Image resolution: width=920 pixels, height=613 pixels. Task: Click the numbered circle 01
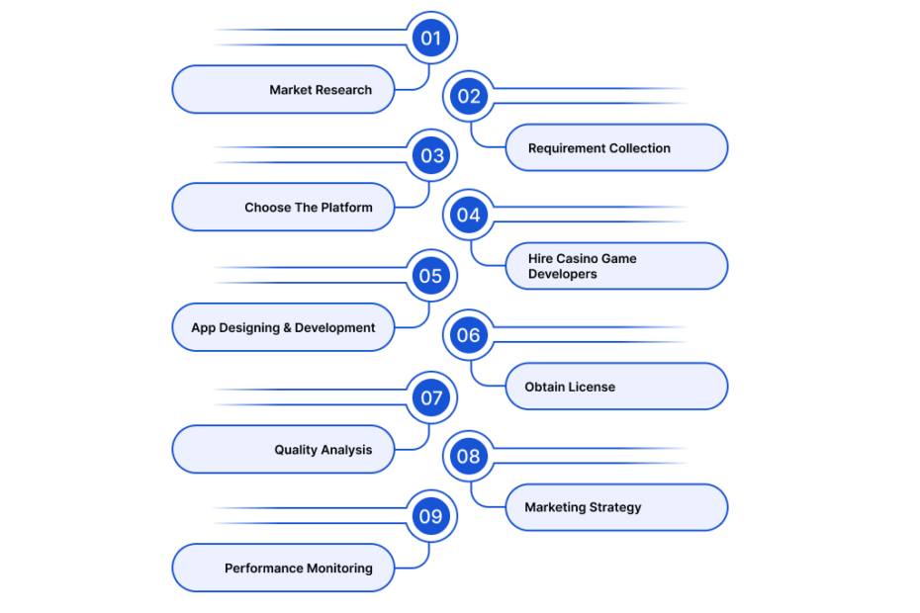coord(431,39)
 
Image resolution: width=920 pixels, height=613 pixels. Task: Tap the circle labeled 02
coord(469,96)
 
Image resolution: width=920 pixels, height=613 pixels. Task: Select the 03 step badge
coord(431,155)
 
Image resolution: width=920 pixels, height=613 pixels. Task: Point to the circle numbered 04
coord(469,216)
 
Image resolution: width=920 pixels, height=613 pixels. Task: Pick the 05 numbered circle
coord(431,276)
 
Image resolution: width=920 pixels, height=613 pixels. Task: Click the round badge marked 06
coord(469,335)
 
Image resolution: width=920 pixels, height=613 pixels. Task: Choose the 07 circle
coord(431,397)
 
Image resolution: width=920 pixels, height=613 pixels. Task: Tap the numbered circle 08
coord(469,457)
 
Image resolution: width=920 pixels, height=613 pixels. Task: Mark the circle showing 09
coord(431,516)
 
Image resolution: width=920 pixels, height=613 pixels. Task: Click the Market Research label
coord(321,90)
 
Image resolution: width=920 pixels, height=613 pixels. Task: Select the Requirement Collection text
coord(599,148)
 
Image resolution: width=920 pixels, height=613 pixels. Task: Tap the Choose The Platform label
coord(309,208)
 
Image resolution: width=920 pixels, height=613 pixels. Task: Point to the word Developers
coord(562,274)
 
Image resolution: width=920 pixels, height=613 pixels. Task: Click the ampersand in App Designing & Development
coord(287,328)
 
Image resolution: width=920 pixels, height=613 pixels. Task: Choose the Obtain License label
coord(570,388)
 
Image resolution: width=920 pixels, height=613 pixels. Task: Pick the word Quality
coord(295,450)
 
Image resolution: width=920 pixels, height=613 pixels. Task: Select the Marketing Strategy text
coord(583,507)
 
